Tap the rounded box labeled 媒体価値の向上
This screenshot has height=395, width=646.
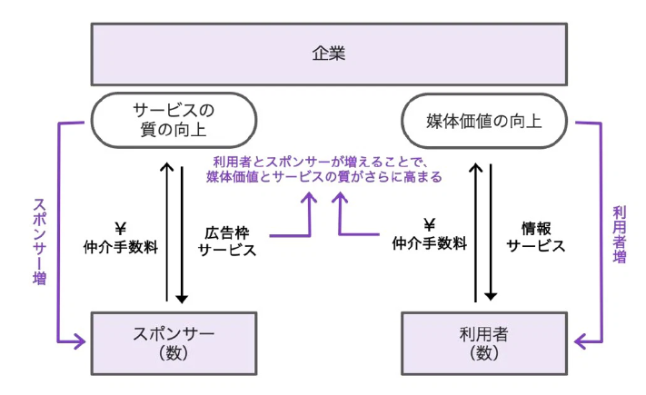click(484, 120)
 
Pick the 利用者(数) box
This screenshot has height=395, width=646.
click(483, 343)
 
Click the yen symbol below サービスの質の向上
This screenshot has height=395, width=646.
click(120, 227)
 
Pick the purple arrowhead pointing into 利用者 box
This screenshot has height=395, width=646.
click(580, 342)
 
